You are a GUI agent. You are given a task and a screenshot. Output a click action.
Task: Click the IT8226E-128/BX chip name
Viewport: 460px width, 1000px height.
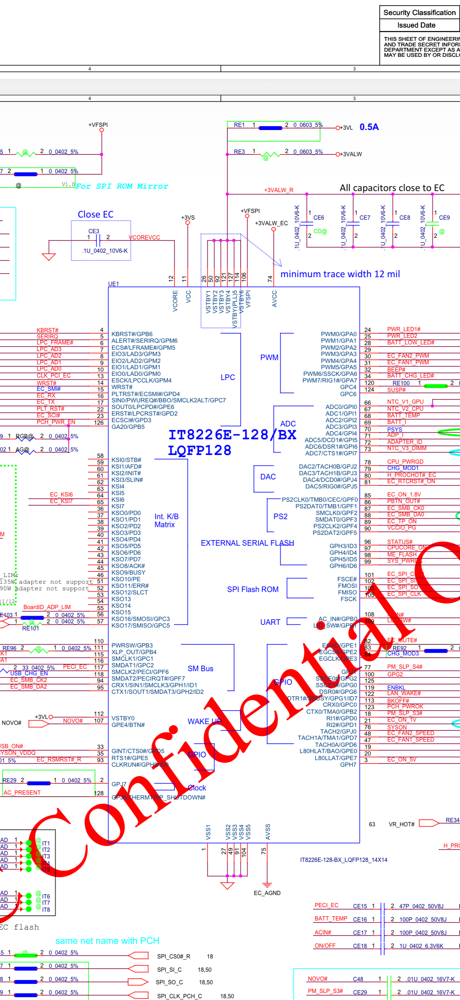[x=232, y=435]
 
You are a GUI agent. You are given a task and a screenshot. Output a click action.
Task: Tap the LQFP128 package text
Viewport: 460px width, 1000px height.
[x=199, y=450]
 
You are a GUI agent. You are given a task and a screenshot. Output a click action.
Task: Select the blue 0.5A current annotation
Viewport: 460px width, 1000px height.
[x=369, y=127]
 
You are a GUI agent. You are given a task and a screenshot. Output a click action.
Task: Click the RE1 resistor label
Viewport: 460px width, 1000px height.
[x=239, y=125]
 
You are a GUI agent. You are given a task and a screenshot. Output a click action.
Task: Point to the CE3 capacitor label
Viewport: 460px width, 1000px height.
[x=93, y=231]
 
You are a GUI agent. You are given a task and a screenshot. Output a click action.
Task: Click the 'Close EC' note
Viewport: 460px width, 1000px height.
[x=95, y=214]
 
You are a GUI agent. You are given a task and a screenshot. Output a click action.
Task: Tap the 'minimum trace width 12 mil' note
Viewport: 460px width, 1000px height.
[x=340, y=274]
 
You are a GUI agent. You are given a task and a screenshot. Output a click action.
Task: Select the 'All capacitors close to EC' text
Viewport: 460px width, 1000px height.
[x=392, y=188]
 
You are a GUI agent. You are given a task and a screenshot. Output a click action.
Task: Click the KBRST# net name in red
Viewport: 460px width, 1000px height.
[x=47, y=330]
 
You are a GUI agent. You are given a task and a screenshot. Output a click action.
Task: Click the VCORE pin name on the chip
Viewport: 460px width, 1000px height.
[x=175, y=301]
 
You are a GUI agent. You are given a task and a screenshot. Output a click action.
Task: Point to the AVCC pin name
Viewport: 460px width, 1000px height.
[x=275, y=299]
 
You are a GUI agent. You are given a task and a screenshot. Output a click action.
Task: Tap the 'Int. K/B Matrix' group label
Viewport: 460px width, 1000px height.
[x=166, y=521]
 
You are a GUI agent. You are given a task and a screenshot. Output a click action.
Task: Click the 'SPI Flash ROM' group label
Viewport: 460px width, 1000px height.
[x=253, y=589]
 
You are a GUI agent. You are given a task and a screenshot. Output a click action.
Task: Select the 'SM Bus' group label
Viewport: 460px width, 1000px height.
[x=200, y=668]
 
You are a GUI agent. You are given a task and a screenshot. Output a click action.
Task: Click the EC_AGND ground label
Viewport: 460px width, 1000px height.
[x=267, y=893]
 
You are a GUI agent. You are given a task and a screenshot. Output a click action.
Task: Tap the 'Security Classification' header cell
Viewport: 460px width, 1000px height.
[x=419, y=13]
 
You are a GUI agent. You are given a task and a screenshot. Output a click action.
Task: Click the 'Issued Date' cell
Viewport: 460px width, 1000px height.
[x=416, y=25]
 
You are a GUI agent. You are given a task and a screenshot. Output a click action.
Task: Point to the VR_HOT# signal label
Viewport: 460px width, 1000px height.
[x=401, y=824]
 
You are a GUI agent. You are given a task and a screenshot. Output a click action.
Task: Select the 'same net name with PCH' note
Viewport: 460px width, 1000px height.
[x=107, y=941]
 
